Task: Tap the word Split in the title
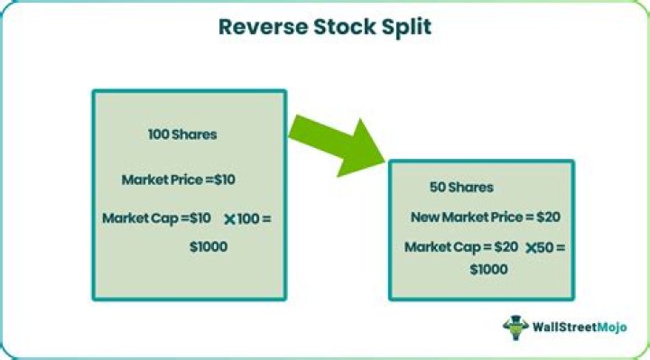(x=404, y=27)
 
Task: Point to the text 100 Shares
(x=182, y=134)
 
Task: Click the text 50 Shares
(x=461, y=188)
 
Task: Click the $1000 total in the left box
(x=209, y=246)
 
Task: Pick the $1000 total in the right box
(x=488, y=269)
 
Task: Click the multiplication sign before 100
(x=230, y=219)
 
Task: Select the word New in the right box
(x=425, y=217)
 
